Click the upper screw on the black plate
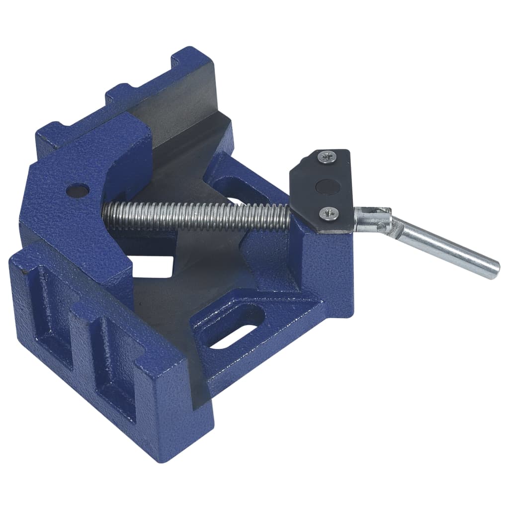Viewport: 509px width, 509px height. point(327,158)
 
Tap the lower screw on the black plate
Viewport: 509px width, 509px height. point(329,214)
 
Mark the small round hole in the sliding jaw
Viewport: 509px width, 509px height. point(78,189)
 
